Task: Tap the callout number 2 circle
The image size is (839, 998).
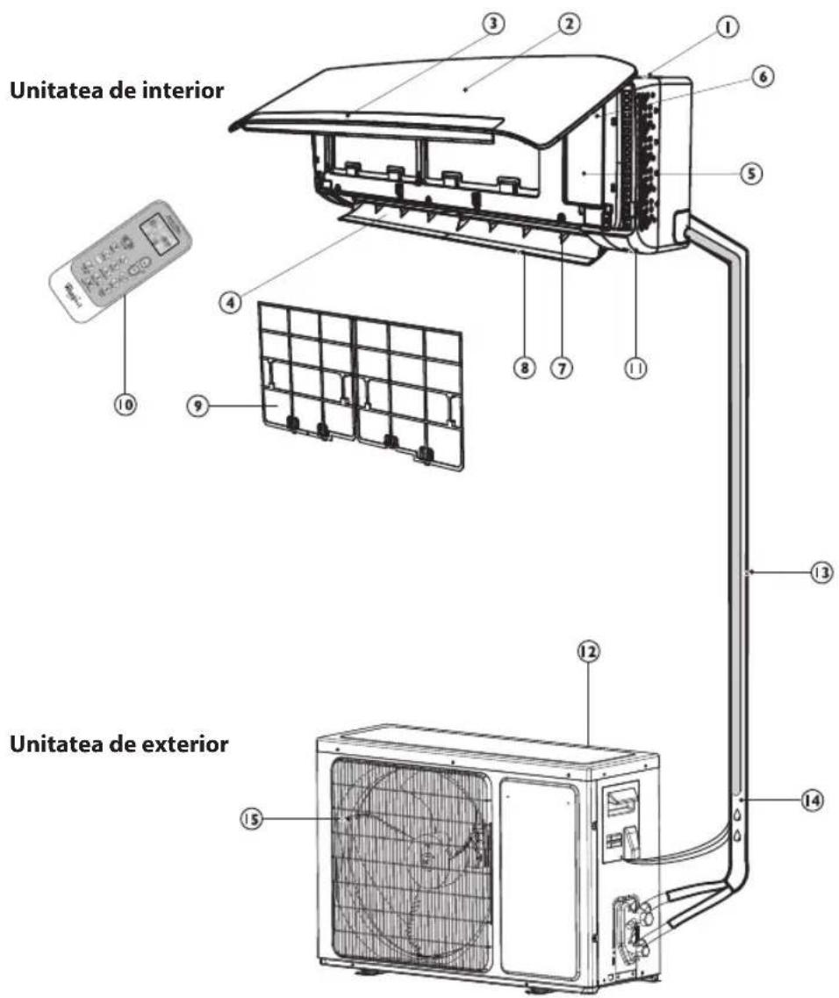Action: (570, 24)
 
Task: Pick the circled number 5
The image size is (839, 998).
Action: (749, 173)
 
